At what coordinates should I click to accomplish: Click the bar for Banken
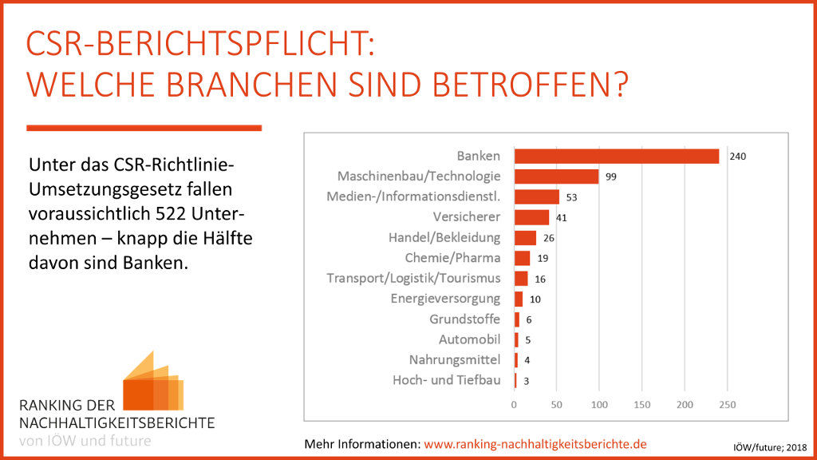[616, 157]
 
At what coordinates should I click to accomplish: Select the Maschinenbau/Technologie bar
[556, 176]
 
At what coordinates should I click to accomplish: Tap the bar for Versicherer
[531, 217]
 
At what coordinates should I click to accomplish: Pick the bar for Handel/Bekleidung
[525, 238]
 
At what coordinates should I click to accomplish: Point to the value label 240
[737, 157]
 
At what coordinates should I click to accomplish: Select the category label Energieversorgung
[445, 299]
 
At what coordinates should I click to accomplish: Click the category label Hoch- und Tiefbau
[447, 380]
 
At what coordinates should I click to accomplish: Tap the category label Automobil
[470, 339]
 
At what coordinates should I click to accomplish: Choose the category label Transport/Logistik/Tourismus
[413, 278]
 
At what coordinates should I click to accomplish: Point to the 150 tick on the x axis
[642, 406]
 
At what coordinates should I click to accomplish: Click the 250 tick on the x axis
[727, 406]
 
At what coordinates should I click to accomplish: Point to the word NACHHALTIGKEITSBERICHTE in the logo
[116, 422]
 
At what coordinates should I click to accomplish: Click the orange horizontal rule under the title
[144, 128]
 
